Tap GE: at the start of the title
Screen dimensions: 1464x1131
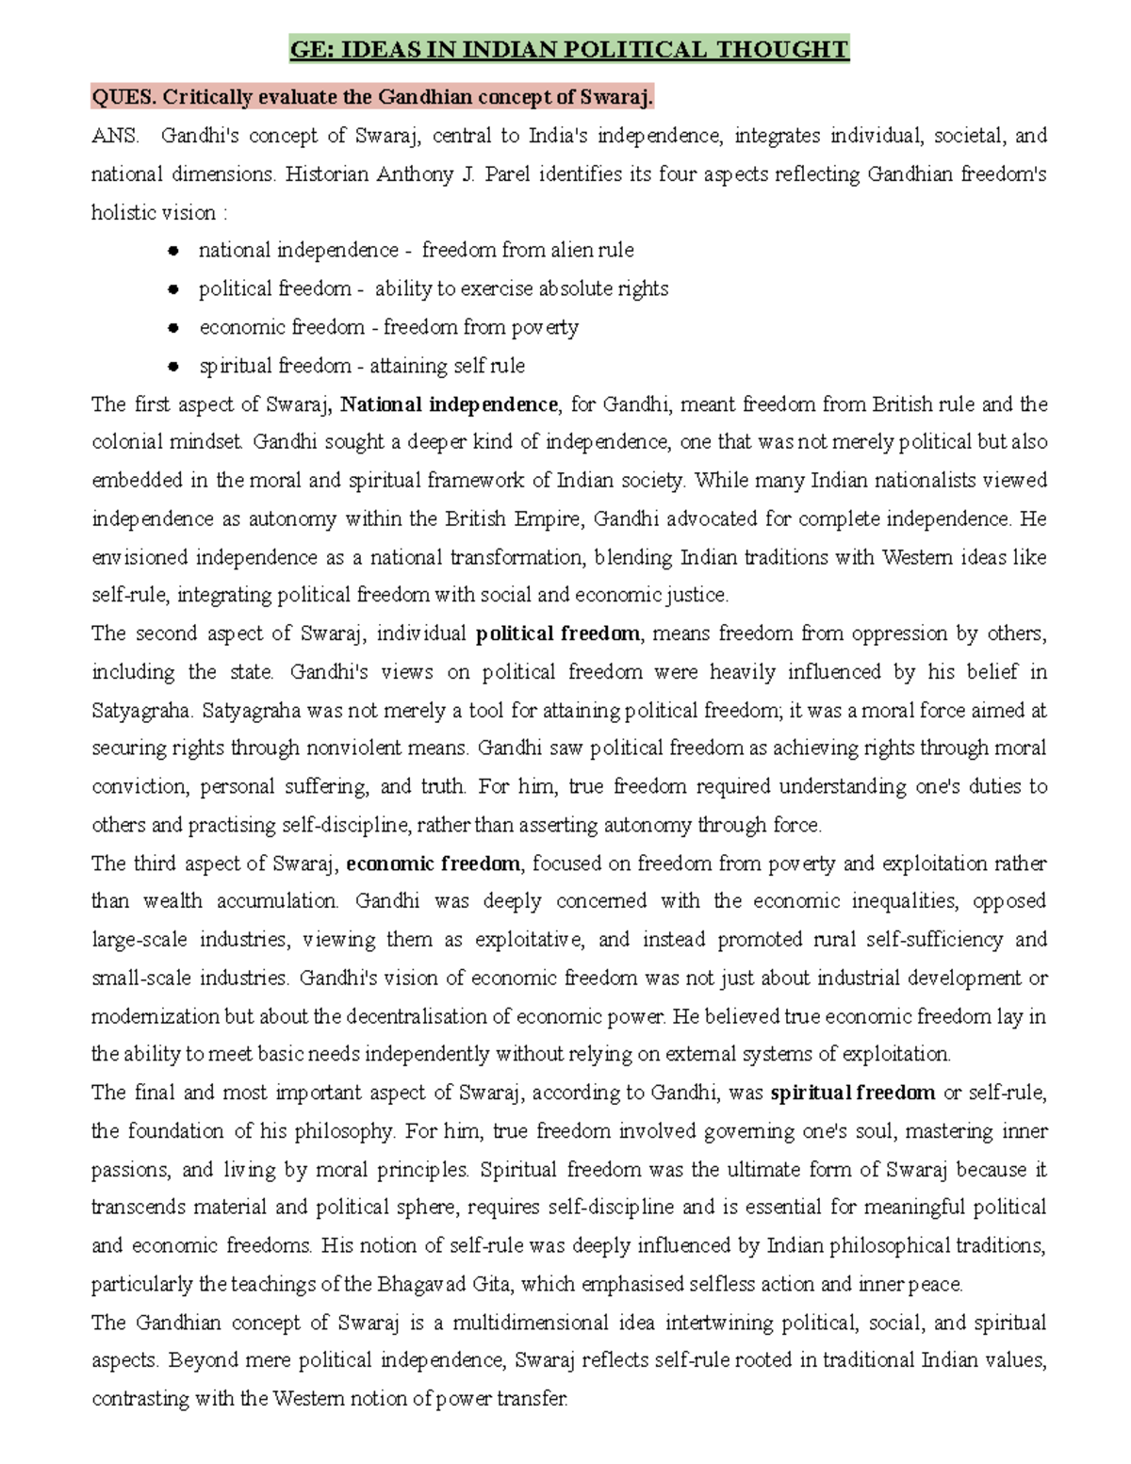tap(311, 49)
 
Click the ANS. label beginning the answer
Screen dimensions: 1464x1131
tap(114, 136)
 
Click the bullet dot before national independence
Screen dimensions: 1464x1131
tap(172, 251)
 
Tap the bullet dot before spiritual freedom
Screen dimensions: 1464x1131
tap(172, 366)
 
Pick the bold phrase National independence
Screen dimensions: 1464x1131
tap(449, 404)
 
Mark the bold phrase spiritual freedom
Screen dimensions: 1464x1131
tap(852, 1094)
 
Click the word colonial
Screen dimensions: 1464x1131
tap(123, 442)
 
